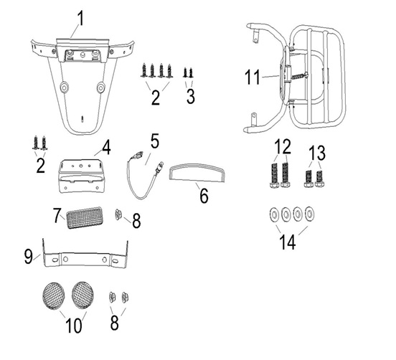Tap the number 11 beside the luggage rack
point(253,77)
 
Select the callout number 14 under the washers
point(288,242)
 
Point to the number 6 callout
point(204,196)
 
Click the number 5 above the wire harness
point(154,141)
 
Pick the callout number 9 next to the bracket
point(29,257)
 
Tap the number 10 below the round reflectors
point(74,326)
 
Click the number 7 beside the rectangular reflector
point(57,216)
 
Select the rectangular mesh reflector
point(85,217)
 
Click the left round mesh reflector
point(53,295)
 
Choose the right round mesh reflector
point(82,295)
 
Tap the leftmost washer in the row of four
point(274,214)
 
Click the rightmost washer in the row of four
point(309,214)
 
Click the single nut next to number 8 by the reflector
point(118,214)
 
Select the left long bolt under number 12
point(274,176)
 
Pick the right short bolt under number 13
point(319,179)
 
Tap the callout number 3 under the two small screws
point(191,96)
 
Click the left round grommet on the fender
point(64,87)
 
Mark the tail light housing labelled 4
point(82,176)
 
